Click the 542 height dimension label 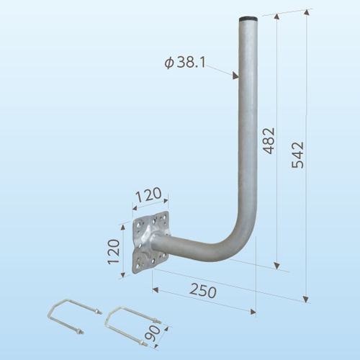tap(298, 155)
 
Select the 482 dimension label tap(269, 140)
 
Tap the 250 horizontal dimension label tap(203, 292)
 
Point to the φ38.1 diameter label tap(185, 63)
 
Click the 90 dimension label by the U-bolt tap(153, 334)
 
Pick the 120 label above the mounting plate tap(148, 194)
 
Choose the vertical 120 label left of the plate tap(114, 252)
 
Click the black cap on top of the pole tap(249, 19)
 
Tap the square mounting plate tap(151, 242)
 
